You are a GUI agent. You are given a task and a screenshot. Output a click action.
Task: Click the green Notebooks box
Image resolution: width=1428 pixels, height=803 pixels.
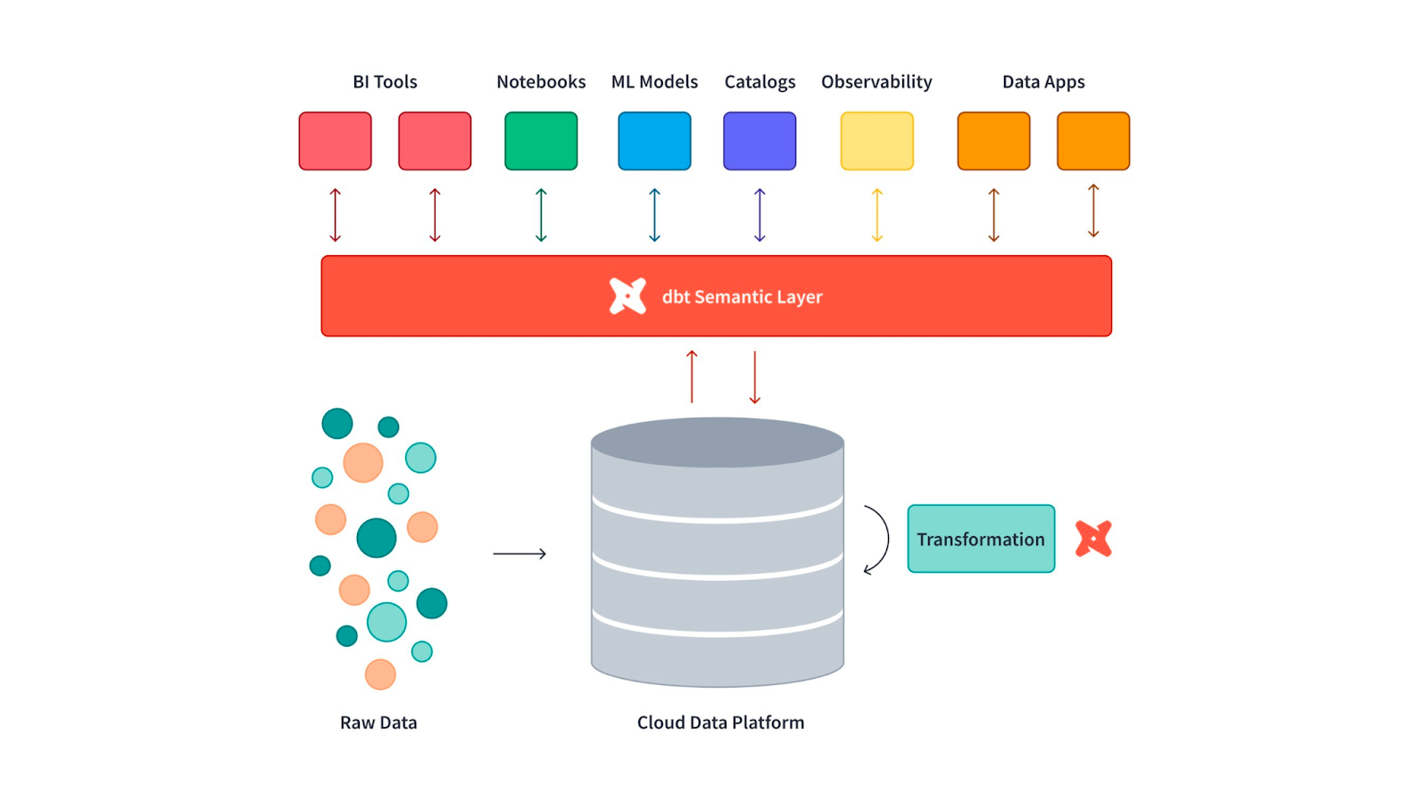[541, 141]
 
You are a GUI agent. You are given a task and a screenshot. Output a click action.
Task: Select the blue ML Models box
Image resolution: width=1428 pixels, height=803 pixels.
[654, 141]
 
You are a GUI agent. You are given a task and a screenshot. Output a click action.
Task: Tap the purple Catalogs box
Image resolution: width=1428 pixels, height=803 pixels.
[760, 141]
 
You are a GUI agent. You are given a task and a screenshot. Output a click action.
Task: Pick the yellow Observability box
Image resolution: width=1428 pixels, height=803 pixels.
[876, 141]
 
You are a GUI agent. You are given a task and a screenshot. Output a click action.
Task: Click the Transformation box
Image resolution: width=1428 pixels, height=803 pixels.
[981, 539]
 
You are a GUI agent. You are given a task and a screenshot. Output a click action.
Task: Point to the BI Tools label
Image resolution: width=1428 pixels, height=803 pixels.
[385, 82]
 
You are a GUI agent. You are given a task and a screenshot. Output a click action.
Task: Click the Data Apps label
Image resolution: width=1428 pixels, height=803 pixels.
[1043, 82]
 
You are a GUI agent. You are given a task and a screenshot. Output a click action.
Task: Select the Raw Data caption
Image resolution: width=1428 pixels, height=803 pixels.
[378, 723]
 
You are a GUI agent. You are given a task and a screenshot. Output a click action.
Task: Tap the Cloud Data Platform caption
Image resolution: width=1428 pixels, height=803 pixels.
[720, 723]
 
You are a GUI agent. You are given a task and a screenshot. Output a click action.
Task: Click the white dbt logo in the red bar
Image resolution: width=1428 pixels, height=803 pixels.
[627, 296]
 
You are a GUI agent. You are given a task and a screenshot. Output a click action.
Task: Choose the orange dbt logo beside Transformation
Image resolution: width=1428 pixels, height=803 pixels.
[1093, 539]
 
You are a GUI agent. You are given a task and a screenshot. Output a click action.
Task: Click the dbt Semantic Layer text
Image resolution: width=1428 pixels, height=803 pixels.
[742, 297]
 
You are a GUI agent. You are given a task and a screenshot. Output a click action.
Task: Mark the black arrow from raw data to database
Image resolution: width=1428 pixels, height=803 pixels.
[519, 554]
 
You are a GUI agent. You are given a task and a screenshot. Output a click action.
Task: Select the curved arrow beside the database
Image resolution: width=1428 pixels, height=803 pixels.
[878, 540]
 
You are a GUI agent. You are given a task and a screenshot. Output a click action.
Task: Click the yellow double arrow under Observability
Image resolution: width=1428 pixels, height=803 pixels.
[877, 215]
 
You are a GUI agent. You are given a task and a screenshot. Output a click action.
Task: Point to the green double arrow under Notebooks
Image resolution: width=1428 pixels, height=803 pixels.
[541, 215]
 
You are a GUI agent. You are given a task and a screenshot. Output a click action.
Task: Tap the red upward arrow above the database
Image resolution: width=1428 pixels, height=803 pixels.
[692, 377]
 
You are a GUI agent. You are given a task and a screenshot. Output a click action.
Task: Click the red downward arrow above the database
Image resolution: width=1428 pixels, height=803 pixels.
[755, 377]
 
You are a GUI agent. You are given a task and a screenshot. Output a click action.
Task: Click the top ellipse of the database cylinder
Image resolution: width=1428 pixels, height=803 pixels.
[718, 442]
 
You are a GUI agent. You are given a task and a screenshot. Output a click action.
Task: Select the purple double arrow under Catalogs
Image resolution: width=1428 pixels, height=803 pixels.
[760, 215]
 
